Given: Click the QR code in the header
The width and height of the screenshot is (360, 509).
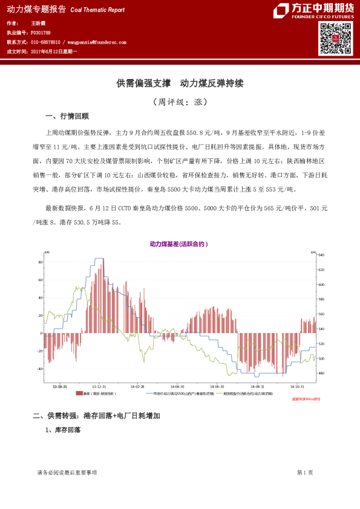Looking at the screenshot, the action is pyautogui.click(x=335, y=39).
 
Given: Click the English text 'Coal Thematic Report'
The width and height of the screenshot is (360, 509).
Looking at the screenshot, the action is pyautogui.click(x=97, y=10).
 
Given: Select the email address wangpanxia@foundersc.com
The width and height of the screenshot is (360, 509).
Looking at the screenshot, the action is pyautogui.click(x=96, y=42).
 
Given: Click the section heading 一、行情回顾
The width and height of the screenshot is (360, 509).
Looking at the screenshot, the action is pyautogui.click(x=67, y=116).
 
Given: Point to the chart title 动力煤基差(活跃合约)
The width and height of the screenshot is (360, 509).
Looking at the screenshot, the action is pyautogui.click(x=179, y=244).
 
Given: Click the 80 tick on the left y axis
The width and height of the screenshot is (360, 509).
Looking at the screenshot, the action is pyautogui.click(x=40, y=262).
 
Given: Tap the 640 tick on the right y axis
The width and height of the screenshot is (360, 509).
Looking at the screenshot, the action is pyautogui.click(x=321, y=255).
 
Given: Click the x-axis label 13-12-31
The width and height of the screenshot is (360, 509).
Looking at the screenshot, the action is pyautogui.click(x=99, y=386).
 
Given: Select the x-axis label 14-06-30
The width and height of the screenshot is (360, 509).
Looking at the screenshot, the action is pyautogui.click(x=217, y=386).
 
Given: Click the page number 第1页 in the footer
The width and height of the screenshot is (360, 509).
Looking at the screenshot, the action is pyautogui.click(x=305, y=472).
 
